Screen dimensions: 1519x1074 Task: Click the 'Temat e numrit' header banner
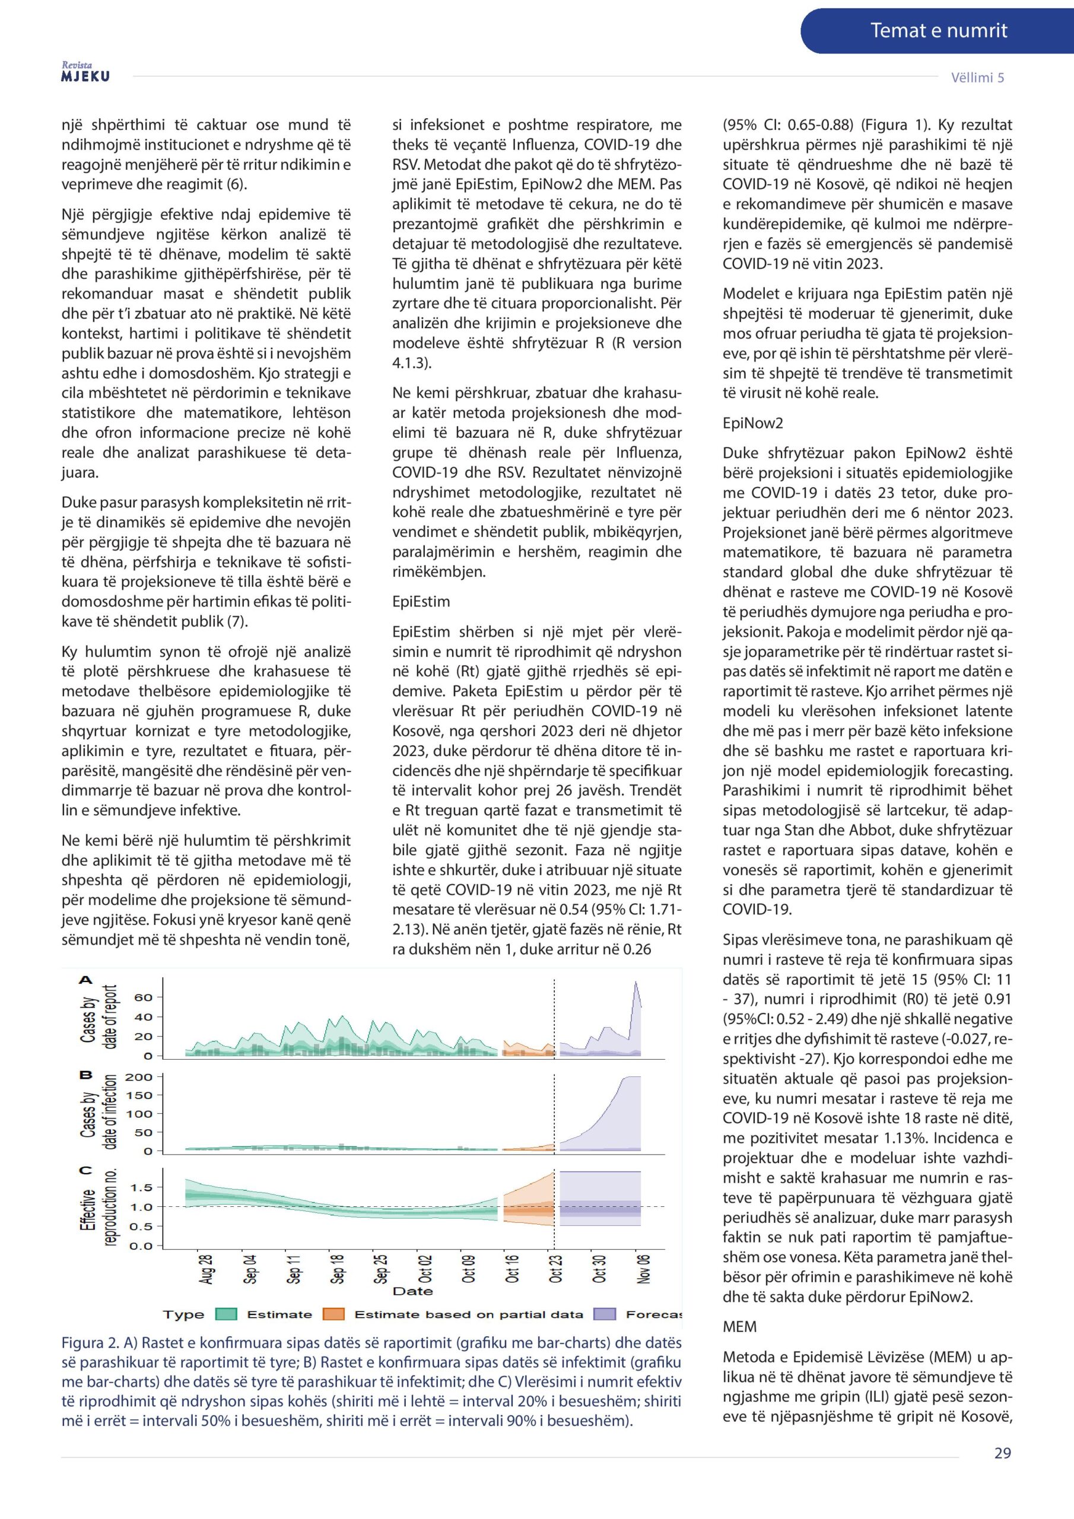[938, 30]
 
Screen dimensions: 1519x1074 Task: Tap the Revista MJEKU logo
[85, 72]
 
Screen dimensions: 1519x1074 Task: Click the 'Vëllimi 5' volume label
[977, 77]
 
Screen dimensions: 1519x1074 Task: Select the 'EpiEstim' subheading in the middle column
[421, 602]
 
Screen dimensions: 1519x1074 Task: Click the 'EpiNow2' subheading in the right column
[752, 422]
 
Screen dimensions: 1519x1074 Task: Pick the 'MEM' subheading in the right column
[739, 1327]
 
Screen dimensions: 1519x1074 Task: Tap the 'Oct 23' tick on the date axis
[555, 1268]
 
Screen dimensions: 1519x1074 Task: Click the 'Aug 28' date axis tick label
[206, 1268]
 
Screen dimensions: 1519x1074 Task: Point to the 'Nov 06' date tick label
[643, 1268]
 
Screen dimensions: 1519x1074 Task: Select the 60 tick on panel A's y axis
[144, 997]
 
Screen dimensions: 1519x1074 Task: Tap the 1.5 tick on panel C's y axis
[142, 1187]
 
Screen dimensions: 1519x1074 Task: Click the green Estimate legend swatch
[226, 1314]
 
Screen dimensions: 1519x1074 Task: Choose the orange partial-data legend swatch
[334, 1314]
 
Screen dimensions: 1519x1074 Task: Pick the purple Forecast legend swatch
[605, 1314]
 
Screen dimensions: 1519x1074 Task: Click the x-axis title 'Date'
[412, 1291]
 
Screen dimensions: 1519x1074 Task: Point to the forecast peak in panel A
[636, 983]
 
